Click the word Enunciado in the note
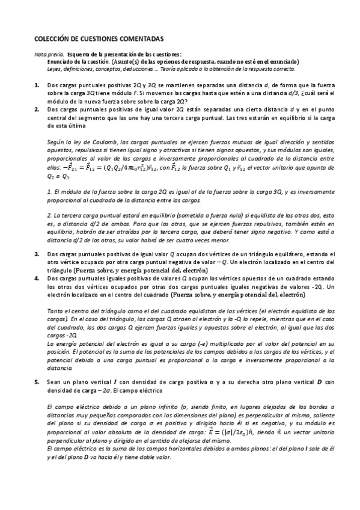coord(61,61)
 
